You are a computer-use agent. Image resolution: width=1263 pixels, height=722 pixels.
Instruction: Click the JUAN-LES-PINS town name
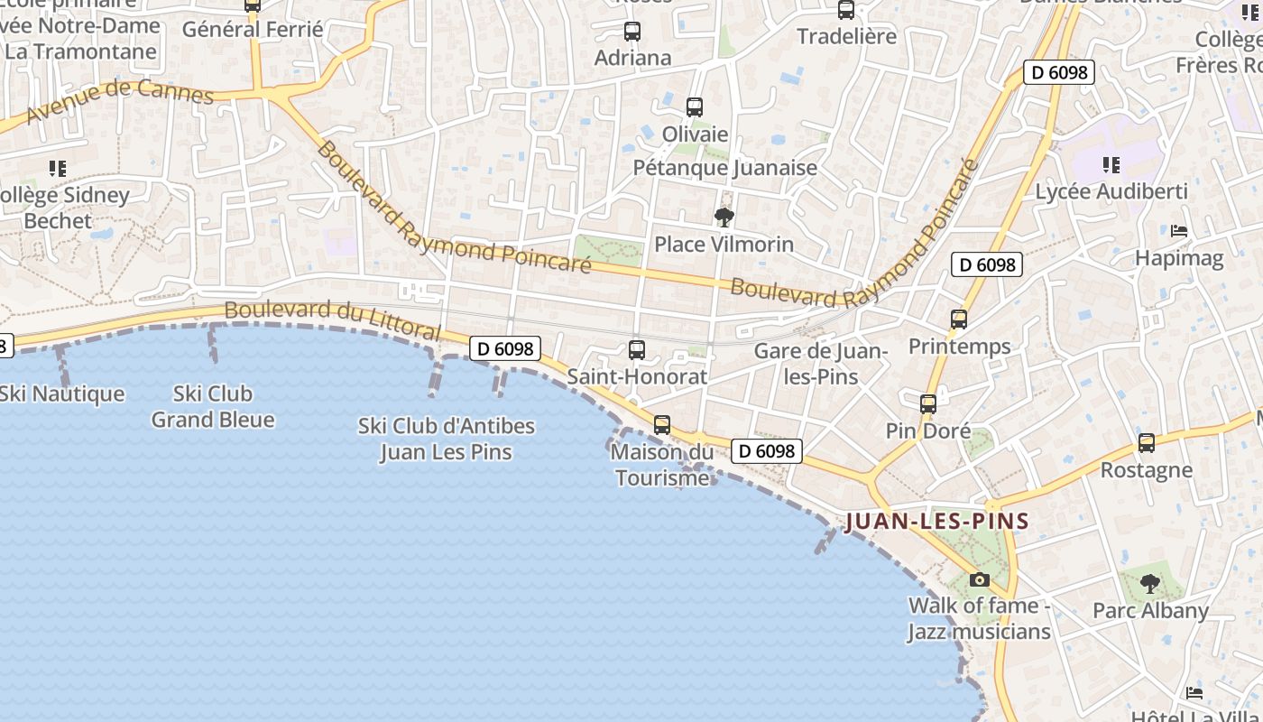936,522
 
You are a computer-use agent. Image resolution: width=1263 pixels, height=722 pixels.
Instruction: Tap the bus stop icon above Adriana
632,32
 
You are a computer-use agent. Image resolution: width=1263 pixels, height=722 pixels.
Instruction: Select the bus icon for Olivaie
695,107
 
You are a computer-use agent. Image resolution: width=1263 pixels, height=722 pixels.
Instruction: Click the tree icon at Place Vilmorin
724,218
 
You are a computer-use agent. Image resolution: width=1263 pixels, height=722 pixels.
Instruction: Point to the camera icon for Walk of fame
980,579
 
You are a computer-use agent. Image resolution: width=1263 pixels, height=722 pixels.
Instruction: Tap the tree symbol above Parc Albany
1149,584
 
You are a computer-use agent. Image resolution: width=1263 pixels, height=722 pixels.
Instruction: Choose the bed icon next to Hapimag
1179,231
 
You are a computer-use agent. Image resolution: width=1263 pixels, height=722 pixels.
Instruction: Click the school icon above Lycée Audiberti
1111,165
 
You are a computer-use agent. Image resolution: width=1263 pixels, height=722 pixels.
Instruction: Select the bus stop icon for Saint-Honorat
637,350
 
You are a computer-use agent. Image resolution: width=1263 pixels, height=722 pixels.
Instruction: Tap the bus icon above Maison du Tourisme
662,424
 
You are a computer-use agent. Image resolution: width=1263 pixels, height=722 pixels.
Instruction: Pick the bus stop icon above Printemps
959,319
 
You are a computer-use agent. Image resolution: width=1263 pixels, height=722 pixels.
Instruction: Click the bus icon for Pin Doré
928,404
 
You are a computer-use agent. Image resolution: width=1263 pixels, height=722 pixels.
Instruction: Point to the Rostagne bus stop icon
1147,443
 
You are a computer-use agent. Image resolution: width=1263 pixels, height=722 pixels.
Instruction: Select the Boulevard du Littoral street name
332,319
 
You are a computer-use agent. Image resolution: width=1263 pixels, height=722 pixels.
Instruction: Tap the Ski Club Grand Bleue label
213,406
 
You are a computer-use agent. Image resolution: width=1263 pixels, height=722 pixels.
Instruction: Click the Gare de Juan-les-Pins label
821,364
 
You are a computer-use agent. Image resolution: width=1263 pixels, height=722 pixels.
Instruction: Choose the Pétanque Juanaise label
725,168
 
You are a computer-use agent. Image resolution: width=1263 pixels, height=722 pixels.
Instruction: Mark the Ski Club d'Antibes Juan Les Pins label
447,439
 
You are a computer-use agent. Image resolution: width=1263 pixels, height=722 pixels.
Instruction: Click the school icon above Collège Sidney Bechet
59,169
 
